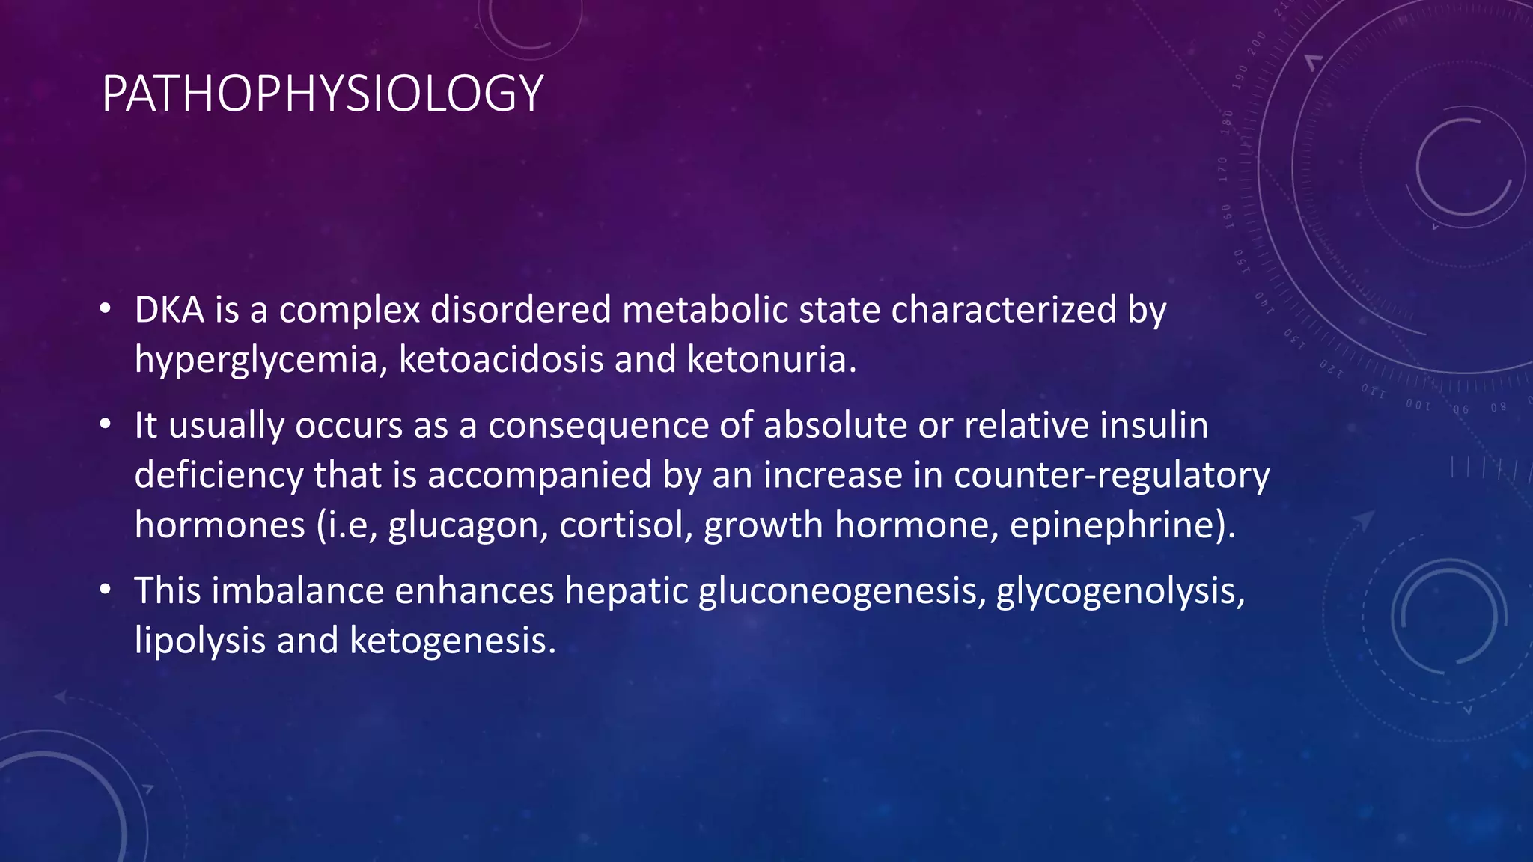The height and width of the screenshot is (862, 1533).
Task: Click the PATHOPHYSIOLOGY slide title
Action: [322, 94]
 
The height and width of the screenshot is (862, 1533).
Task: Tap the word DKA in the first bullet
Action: [169, 310]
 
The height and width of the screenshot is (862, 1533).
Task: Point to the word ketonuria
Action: [771, 359]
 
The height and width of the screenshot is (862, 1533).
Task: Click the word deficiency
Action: [219, 476]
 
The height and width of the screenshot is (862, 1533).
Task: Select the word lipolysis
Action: [200, 641]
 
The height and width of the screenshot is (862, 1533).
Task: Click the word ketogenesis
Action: [453, 641]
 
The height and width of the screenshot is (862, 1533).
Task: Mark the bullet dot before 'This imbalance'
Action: [106, 590]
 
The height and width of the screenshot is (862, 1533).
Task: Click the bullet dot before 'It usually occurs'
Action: [106, 425]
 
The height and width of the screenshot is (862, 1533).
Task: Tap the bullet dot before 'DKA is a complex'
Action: [106, 309]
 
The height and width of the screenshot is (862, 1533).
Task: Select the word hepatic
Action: [626, 592]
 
